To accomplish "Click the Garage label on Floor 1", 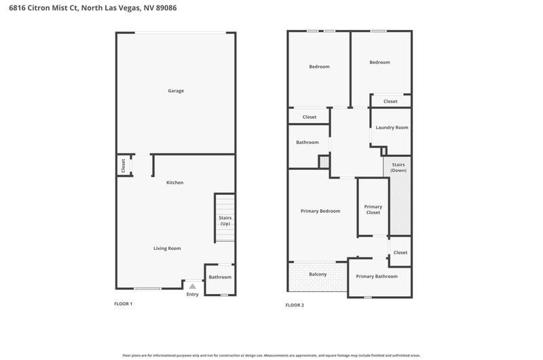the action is click(x=176, y=91).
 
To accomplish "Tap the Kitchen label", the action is click(x=175, y=182).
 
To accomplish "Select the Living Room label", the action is click(x=167, y=248).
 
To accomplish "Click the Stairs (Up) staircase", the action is click(x=225, y=218).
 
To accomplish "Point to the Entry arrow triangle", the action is click(x=193, y=286).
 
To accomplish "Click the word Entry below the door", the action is click(x=193, y=294).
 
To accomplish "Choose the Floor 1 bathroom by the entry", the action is click(x=220, y=280).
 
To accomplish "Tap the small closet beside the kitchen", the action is click(x=124, y=165).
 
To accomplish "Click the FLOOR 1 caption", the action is click(x=124, y=304).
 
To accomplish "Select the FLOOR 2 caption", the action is click(x=295, y=305).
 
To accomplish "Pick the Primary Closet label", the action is click(x=373, y=210).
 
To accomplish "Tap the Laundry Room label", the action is click(x=392, y=128).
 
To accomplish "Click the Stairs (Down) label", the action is click(x=398, y=167).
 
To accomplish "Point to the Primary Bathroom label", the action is click(x=377, y=276).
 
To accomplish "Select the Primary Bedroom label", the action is click(x=320, y=211).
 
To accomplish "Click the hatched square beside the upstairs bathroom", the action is click(x=324, y=162).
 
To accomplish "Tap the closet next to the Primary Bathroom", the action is click(x=400, y=251).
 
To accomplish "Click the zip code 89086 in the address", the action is click(x=166, y=7).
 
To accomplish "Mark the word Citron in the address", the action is click(x=39, y=7).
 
